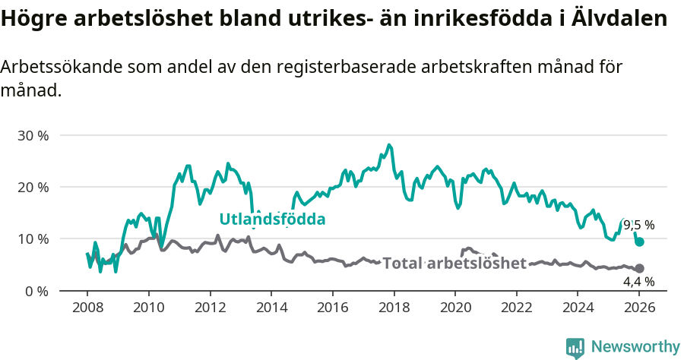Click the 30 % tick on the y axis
pos(33,135)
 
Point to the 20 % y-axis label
pos(33,187)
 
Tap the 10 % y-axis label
pos(33,238)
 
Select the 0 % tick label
pos(36,291)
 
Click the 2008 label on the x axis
pos(87,309)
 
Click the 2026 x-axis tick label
pos(639,309)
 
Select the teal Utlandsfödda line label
pos(272,219)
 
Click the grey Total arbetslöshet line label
pos(454,264)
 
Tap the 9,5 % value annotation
pos(638,225)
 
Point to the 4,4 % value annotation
pos(638,281)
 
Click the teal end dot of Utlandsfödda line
pos(640,242)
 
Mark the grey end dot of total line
pos(640,268)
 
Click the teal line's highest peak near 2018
pos(389,144)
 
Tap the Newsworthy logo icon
pos(575,347)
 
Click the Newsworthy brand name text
pos(635,347)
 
